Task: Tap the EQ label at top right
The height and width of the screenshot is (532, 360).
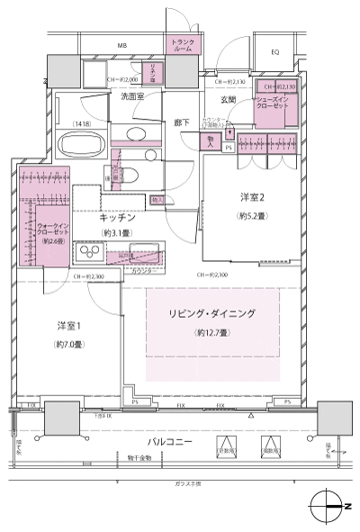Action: click(x=274, y=52)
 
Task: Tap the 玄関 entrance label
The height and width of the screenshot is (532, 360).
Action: click(x=227, y=99)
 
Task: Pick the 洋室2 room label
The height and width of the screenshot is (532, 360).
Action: click(x=252, y=197)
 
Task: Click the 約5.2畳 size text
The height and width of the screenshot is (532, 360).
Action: click(x=252, y=216)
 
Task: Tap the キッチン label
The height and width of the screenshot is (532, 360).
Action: click(x=116, y=218)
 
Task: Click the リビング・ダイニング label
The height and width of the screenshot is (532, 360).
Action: click(x=212, y=313)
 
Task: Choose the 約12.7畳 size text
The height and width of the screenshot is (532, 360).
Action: click(x=212, y=333)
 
